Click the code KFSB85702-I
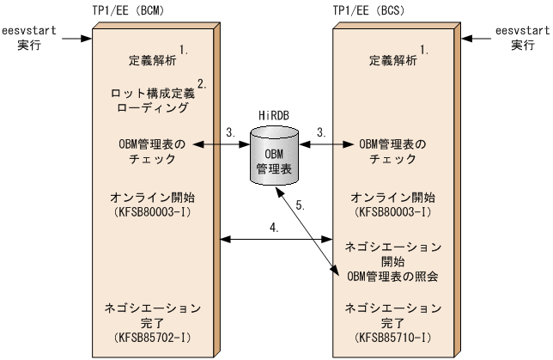153,326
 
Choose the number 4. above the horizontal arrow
276,228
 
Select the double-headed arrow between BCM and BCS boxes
275,238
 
